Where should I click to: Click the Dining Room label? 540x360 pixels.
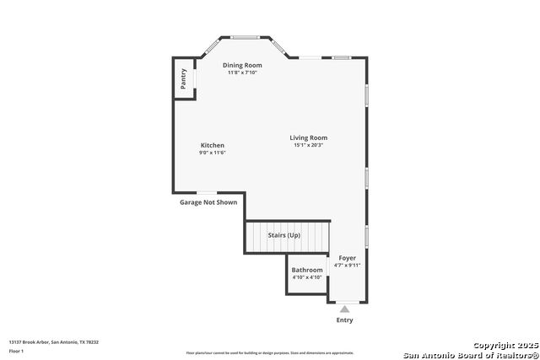242,65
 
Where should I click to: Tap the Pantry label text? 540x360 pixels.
183,79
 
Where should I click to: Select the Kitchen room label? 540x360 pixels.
212,146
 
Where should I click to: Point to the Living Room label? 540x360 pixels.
308,137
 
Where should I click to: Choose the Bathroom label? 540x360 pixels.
307,270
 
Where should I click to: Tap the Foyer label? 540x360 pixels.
347,257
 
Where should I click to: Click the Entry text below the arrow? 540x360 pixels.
344,320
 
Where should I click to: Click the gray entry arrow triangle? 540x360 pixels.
344,309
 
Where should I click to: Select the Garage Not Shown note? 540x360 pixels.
208,202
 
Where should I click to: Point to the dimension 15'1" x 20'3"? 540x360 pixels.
308,145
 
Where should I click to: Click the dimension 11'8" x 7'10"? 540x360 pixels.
242,73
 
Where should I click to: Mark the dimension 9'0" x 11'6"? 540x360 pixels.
212,153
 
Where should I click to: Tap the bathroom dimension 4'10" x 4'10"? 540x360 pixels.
307,277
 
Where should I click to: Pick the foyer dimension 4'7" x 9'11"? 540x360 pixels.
347,265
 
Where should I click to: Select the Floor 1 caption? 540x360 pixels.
17,351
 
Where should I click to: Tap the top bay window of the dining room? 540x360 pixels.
246,37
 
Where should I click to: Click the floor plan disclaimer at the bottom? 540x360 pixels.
270,353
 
